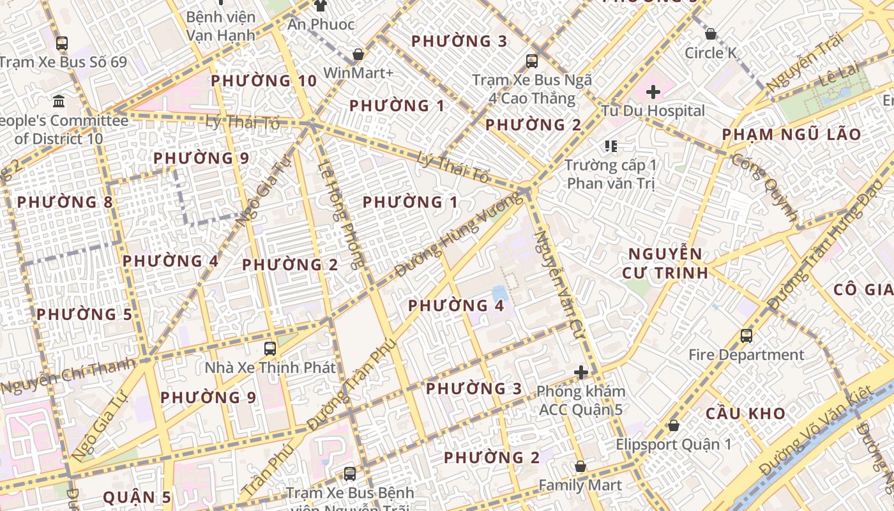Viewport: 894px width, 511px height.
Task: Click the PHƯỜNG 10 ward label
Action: (x=264, y=81)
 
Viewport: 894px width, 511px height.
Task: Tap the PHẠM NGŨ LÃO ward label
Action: (x=791, y=135)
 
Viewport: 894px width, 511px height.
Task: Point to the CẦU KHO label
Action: (x=745, y=413)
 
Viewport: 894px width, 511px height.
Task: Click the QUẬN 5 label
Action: (x=137, y=497)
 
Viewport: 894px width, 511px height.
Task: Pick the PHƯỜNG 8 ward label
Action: (x=65, y=202)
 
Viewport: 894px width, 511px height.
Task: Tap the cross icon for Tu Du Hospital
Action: (x=653, y=92)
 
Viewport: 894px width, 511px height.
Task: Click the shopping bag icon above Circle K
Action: (x=710, y=34)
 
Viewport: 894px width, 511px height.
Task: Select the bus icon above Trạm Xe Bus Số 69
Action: (x=62, y=43)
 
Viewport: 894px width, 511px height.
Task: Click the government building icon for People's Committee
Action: (x=59, y=101)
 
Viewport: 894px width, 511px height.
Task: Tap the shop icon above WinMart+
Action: (x=358, y=54)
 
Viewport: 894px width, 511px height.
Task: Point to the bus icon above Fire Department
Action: (x=746, y=335)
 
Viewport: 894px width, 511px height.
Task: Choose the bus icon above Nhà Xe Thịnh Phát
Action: (x=270, y=349)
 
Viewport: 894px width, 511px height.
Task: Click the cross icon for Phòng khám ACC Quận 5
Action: (x=580, y=372)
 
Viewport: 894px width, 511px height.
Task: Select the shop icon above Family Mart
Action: (x=580, y=467)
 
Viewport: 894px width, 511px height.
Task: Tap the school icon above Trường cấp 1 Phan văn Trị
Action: (x=611, y=146)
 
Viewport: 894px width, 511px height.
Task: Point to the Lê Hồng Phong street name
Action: (x=341, y=215)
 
